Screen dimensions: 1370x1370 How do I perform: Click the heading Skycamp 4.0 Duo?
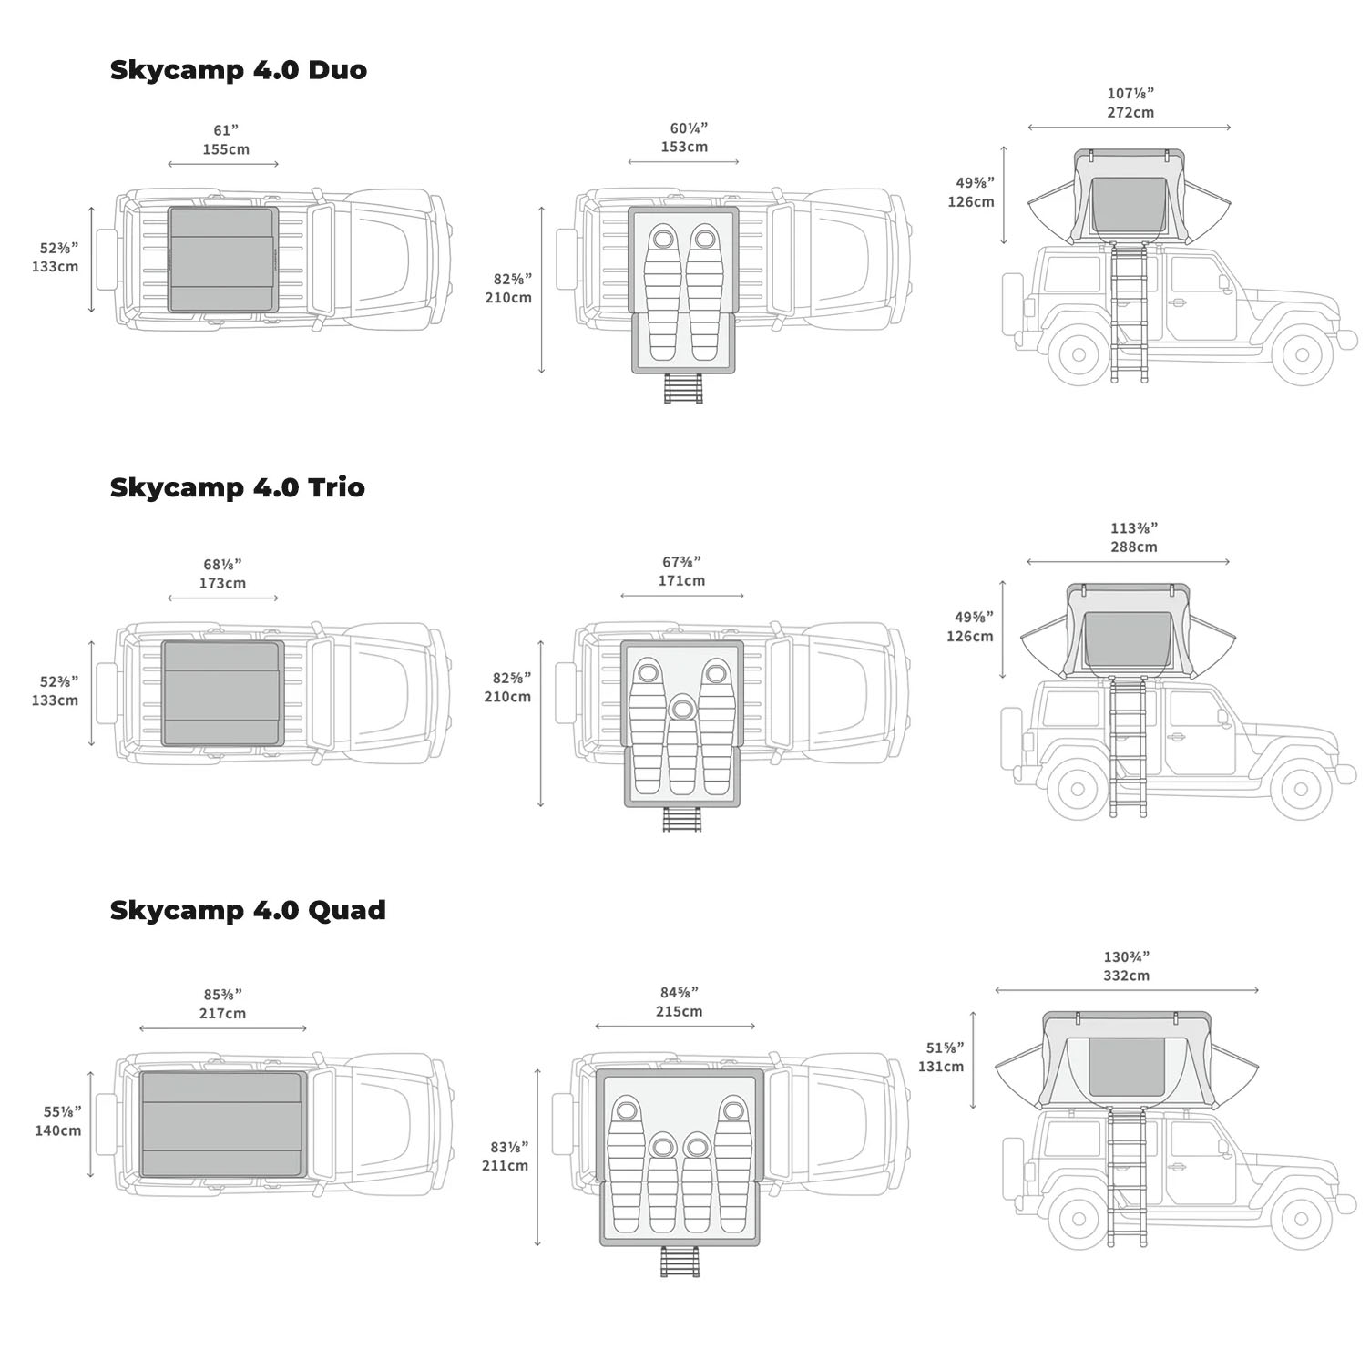238,70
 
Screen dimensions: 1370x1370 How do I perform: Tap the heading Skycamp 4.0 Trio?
237,487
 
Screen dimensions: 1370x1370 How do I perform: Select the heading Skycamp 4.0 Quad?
248,910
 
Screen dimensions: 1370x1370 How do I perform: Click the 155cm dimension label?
226,149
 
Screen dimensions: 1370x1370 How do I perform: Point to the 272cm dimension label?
1130,112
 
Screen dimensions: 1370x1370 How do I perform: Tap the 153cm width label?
684,147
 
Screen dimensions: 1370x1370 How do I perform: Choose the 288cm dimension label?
1134,547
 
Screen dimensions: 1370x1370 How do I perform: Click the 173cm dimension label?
222,583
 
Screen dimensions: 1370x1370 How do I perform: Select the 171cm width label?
681,580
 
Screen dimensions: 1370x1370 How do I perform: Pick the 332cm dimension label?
1126,976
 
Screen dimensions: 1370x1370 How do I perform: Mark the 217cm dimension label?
222,1013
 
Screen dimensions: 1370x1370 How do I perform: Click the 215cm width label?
679,1011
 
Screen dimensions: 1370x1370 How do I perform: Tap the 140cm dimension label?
58,1130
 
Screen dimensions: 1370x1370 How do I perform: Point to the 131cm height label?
940,1066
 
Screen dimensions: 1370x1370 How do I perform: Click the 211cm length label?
505,1165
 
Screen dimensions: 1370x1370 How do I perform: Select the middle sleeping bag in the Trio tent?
681,743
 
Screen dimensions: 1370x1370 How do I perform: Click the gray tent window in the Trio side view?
1129,643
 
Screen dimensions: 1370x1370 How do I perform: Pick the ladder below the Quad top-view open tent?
680,1262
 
